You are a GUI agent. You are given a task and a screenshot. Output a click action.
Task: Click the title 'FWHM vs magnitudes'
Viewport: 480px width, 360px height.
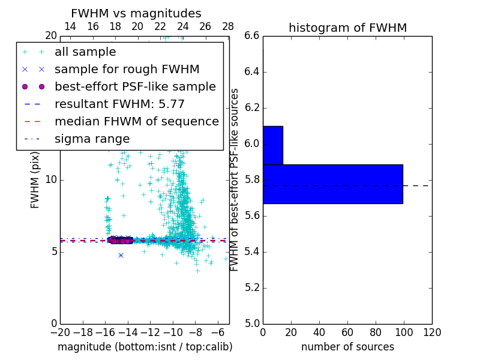[136, 13]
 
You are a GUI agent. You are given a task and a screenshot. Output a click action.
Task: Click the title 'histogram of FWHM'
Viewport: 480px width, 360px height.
[347, 28]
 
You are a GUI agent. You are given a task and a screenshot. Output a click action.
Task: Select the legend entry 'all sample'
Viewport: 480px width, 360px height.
[85, 52]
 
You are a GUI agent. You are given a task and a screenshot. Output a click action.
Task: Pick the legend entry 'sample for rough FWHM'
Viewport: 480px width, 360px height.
[127, 70]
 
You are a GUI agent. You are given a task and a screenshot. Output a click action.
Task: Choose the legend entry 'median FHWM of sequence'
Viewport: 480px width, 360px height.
[136, 121]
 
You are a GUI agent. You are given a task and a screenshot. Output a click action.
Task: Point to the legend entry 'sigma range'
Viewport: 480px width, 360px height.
[92, 139]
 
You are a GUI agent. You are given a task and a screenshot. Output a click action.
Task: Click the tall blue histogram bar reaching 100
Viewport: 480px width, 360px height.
[332, 184]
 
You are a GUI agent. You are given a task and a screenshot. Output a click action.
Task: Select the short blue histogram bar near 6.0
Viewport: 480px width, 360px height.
[272, 145]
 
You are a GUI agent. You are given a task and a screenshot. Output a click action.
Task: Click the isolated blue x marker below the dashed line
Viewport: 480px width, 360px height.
[121, 255]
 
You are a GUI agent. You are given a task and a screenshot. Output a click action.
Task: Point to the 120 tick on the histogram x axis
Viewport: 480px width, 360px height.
[431, 332]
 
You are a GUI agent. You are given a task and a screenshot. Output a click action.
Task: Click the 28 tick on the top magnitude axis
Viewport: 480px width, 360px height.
[228, 26]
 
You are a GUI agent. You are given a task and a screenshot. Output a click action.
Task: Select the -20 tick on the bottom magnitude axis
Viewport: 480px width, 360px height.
[60, 332]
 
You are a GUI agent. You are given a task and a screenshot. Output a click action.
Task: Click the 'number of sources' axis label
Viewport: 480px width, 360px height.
[347, 347]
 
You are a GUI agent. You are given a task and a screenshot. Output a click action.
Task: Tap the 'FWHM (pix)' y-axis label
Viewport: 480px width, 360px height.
[35, 179]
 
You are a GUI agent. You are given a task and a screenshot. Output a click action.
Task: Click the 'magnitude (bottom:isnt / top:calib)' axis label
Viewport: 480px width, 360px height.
[145, 347]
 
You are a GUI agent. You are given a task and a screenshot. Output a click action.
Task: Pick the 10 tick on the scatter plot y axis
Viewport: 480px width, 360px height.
[50, 179]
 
